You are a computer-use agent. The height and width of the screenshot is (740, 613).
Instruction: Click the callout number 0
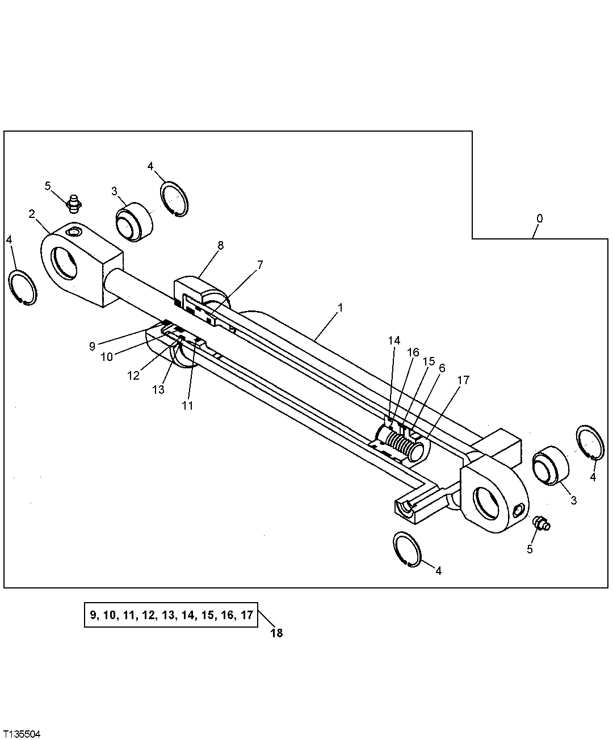(x=539, y=218)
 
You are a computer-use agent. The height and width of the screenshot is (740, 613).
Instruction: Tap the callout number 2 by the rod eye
(x=32, y=213)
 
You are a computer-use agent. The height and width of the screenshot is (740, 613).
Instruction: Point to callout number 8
(x=220, y=245)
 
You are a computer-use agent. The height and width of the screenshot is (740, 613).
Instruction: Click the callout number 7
(x=260, y=264)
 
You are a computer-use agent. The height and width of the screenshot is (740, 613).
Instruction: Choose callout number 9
(x=92, y=346)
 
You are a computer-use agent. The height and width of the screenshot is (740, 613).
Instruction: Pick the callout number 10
(x=107, y=356)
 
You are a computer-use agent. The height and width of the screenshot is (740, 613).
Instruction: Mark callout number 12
(x=133, y=375)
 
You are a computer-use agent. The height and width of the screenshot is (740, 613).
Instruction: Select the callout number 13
(x=158, y=390)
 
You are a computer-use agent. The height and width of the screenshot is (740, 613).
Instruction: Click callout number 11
(x=187, y=406)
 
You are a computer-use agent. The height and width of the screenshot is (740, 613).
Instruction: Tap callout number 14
(x=394, y=340)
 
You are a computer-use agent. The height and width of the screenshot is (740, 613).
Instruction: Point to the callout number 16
(x=413, y=352)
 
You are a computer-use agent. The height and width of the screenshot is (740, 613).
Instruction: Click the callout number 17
(x=463, y=380)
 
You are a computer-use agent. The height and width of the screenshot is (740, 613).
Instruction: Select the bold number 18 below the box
(x=276, y=633)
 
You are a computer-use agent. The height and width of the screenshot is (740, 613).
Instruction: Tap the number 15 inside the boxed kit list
(x=209, y=615)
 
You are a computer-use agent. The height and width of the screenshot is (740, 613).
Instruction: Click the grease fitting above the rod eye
(x=73, y=202)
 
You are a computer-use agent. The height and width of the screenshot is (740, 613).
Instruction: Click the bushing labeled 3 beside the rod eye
(x=134, y=221)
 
